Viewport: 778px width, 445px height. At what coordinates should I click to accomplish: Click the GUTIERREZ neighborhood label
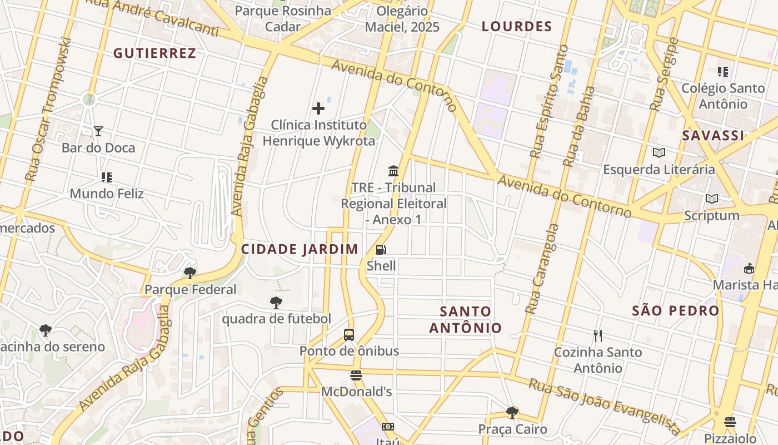tap(154, 53)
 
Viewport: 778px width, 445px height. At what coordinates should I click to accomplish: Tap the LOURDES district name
tap(517, 27)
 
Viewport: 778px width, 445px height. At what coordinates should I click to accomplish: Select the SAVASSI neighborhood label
tap(713, 136)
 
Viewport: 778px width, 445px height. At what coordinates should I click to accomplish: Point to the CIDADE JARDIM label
tap(300, 249)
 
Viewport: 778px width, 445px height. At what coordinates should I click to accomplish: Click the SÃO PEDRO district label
tap(676, 311)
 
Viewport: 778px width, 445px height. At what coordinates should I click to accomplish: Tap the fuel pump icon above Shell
tap(381, 250)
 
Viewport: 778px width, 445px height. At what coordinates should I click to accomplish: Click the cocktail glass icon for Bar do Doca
tap(98, 131)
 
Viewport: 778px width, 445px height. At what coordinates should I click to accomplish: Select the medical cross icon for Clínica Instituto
tap(318, 108)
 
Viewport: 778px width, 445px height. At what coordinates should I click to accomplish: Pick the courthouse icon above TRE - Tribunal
tap(393, 171)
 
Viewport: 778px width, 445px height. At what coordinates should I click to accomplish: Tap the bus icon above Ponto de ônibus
tap(349, 335)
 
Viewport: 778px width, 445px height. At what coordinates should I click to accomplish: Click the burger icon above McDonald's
tap(356, 375)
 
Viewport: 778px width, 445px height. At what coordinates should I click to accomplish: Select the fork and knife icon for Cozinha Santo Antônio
tap(598, 336)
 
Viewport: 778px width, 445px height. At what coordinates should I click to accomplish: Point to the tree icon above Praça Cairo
tap(512, 413)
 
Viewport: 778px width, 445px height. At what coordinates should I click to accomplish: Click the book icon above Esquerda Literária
tap(659, 153)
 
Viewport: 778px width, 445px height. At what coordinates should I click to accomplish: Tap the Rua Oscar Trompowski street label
tap(49, 110)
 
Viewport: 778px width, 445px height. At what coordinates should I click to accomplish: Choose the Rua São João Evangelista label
tap(604, 407)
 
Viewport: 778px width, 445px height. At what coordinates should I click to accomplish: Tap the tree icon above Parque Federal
tap(190, 273)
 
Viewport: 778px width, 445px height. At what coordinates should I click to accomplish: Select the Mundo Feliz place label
tap(107, 194)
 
